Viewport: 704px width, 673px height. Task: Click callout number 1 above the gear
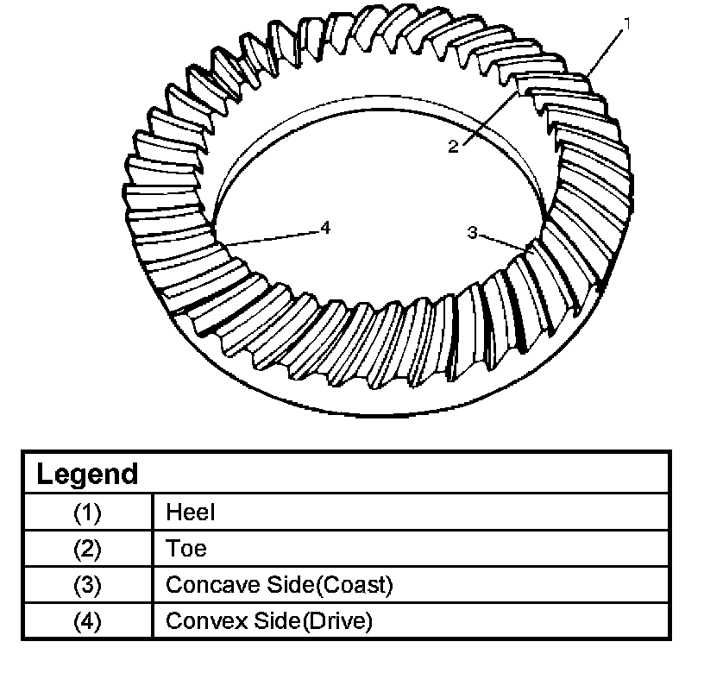(627, 24)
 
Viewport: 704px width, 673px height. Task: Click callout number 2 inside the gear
(453, 147)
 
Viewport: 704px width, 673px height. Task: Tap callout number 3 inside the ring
(472, 232)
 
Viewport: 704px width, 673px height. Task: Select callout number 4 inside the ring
(324, 227)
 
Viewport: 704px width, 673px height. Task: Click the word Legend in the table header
(86, 474)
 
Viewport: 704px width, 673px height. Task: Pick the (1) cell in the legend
(87, 513)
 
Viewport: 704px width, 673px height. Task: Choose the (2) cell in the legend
(87, 549)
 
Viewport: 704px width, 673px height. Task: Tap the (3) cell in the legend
(87, 585)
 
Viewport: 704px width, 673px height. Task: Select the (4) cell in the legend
(87, 621)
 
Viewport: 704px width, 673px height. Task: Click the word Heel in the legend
(190, 513)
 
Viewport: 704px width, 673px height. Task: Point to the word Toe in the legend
(186, 549)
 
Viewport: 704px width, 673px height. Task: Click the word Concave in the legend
(204, 585)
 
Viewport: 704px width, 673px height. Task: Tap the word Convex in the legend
(200, 621)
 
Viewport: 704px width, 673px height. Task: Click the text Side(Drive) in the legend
(311, 621)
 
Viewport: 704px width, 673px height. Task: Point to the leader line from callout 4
(272, 238)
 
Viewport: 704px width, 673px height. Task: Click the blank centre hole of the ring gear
(371, 198)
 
